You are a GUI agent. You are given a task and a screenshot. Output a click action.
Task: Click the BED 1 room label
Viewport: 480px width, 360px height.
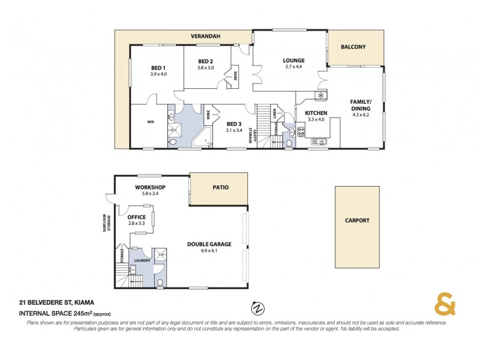(159, 68)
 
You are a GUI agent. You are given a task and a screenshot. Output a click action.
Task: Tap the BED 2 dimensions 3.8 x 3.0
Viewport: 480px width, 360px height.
(205, 68)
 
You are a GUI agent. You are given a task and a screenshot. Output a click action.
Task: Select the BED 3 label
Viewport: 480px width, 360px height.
(234, 124)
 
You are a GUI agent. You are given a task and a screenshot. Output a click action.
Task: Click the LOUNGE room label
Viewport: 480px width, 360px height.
(294, 61)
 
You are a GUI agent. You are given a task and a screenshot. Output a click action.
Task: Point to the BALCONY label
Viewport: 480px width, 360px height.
(353, 47)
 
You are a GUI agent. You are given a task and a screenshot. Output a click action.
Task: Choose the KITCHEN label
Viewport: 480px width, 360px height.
(316, 113)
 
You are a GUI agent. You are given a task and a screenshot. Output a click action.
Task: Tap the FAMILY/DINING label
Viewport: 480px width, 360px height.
(361, 105)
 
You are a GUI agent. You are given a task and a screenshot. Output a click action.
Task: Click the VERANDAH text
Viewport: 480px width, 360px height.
(206, 37)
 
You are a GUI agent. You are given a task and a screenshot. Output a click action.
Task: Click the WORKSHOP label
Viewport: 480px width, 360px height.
(150, 187)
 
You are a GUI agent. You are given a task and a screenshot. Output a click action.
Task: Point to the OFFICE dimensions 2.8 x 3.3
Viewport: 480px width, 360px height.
(137, 223)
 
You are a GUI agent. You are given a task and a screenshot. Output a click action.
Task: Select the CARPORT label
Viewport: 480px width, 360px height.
(357, 220)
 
